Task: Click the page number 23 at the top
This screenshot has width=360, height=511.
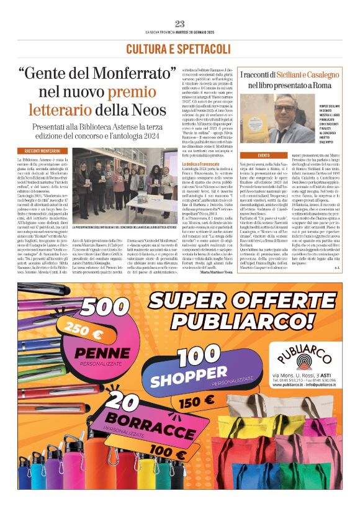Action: [x=179, y=24]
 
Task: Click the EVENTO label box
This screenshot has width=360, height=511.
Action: [x=264, y=155]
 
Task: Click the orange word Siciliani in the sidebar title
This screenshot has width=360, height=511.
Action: [x=283, y=75]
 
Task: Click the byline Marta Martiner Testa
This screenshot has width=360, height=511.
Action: [x=202, y=271]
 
